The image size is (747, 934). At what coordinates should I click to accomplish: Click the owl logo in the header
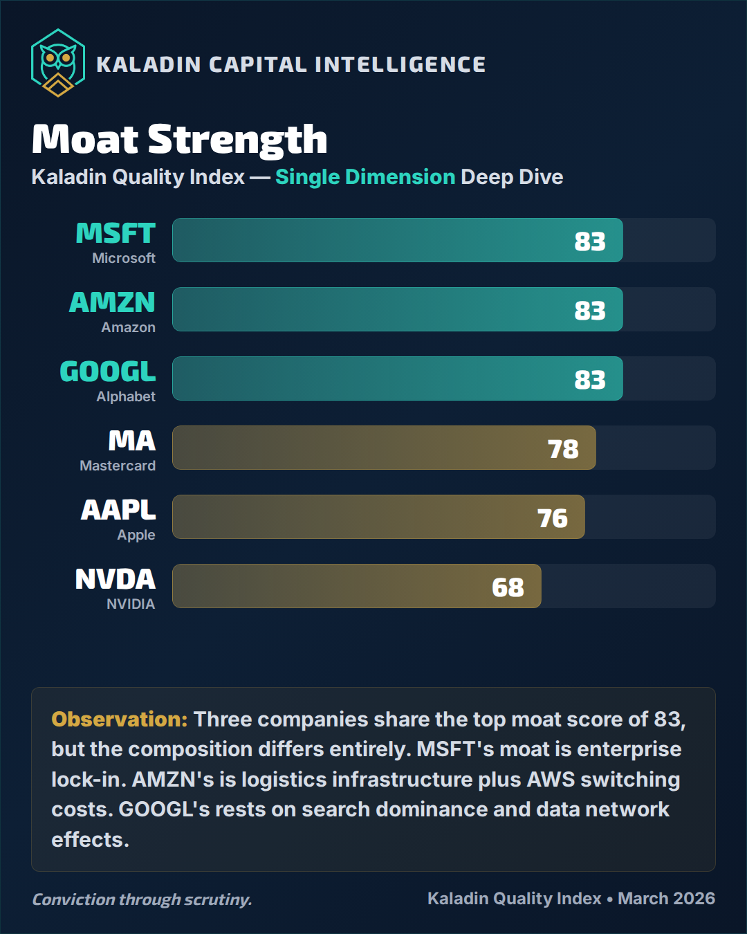click(x=58, y=63)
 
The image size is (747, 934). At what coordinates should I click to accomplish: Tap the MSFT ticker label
click(x=116, y=234)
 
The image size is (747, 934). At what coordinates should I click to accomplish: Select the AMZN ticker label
click(x=112, y=303)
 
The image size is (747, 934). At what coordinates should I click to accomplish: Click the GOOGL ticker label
click(x=108, y=372)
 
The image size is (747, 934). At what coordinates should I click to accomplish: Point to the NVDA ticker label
click(x=115, y=580)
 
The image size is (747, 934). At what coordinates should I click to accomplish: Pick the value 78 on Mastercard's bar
click(x=563, y=449)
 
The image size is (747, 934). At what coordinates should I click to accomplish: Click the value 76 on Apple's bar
click(x=552, y=518)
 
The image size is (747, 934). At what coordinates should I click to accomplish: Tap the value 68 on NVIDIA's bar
click(x=508, y=587)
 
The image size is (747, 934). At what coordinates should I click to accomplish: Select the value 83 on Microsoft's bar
click(x=589, y=241)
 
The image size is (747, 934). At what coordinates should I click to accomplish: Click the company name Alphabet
click(x=126, y=396)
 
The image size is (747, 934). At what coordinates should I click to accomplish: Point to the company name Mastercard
click(x=118, y=466)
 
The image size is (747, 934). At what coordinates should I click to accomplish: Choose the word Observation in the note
click(x=119, y=720)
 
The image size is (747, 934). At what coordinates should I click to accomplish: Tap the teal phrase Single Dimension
click(x=365, y=177)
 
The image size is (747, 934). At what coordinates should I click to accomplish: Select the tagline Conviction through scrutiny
click(x=142, y=899)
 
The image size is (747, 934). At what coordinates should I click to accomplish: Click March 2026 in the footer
click(x=666, y=899)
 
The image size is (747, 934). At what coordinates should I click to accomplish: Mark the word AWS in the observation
click(x=551, y=780)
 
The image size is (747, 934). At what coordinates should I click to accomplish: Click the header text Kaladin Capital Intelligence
click(x=290, y=64)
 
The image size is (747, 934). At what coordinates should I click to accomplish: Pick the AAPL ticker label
click(x=118, y=511)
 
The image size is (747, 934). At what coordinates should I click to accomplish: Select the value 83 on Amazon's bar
click(x=589, y=311)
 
